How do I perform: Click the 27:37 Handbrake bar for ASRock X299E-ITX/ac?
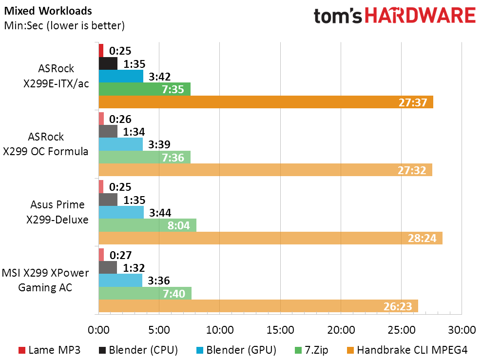pos(266,102)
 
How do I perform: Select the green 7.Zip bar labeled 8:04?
pos(148,225)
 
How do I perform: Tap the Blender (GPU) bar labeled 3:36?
pos(120,280)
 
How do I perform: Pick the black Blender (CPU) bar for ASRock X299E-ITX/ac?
pos(108,63)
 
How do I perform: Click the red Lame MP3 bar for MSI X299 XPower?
pos(101,255)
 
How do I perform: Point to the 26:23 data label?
pos(398,306)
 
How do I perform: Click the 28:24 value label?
pos(422,238)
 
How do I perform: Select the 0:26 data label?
pos(120,119)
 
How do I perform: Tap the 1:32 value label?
pos(134,268)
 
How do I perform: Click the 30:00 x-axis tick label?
pos(462,330)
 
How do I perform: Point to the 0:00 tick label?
pos(98,330)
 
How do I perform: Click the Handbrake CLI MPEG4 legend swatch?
pos(350,350)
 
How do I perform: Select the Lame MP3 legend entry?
pos(50,350)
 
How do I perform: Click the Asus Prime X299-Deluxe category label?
pos(58,212)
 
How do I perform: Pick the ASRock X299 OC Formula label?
pos(45,144)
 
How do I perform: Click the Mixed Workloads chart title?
pos(48,11)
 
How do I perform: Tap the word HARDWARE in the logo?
pos(421,16)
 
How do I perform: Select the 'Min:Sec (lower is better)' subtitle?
pos(64,25)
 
